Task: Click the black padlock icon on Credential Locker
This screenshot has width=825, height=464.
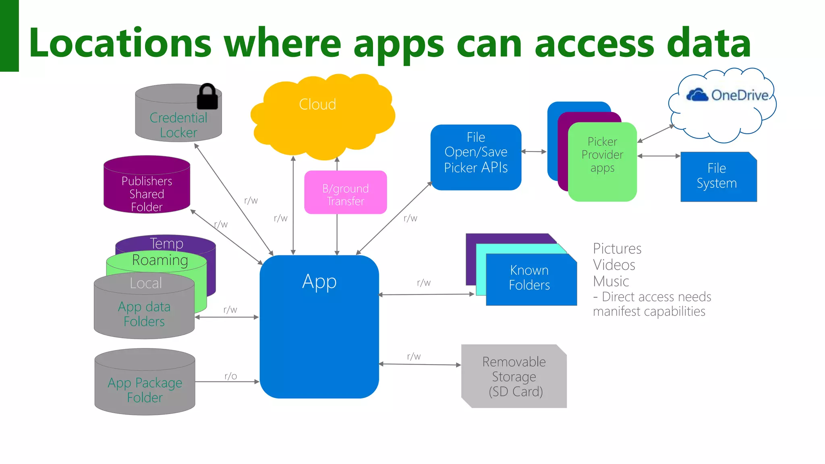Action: pyautogui.click(x=207, y=97)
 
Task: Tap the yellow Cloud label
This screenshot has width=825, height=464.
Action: pyautogui.click(x=317, y=104)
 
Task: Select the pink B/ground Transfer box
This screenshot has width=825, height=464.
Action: pyautogui.click(x=345, y=193)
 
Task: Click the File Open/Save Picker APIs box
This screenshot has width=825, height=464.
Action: pyautogui.click(x=476, y=157)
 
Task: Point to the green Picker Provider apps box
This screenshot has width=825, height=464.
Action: pyautogui.click(x=602, y=161)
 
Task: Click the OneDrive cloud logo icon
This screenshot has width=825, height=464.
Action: pyautogui.click(x=697, y=95)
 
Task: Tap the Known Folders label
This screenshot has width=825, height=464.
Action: pyautogui.click(x=529, y=278)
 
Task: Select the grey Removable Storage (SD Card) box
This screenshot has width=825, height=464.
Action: pyautogui.click(x=514, y=376)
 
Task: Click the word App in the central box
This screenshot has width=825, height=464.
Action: pyautogui.click(x=319, y=282)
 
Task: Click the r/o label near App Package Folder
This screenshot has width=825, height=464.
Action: pyautogui.click(x=231, y=376)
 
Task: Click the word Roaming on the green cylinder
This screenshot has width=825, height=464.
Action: pyautogui.click(x=160, y=260)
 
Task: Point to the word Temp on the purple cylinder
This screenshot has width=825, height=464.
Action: pyautogui.click(x=166, y=243)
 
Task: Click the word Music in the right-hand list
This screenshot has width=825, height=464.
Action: pyautogui.click(x=611, y=281)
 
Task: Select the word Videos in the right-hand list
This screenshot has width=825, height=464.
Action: pyautogui.click(x=614, y=265)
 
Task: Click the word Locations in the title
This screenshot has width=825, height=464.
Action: pyautogui.click(x=120, y=43)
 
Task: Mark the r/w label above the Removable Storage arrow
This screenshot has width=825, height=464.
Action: pyautogui.click(x=414, y=356)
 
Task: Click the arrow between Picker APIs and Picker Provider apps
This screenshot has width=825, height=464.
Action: pyautogui.click(x=534, y=152)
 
